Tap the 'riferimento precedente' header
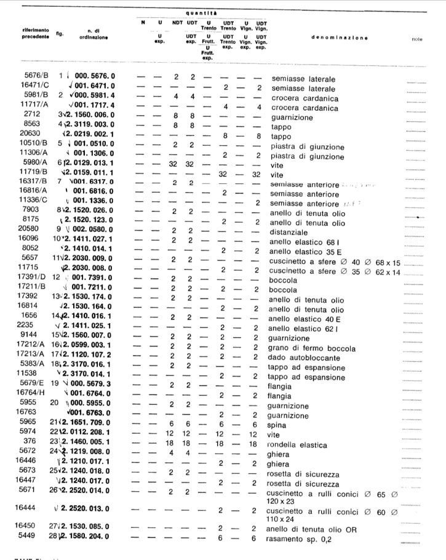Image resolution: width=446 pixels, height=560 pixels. pyautogui.click(x=27, y=35)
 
